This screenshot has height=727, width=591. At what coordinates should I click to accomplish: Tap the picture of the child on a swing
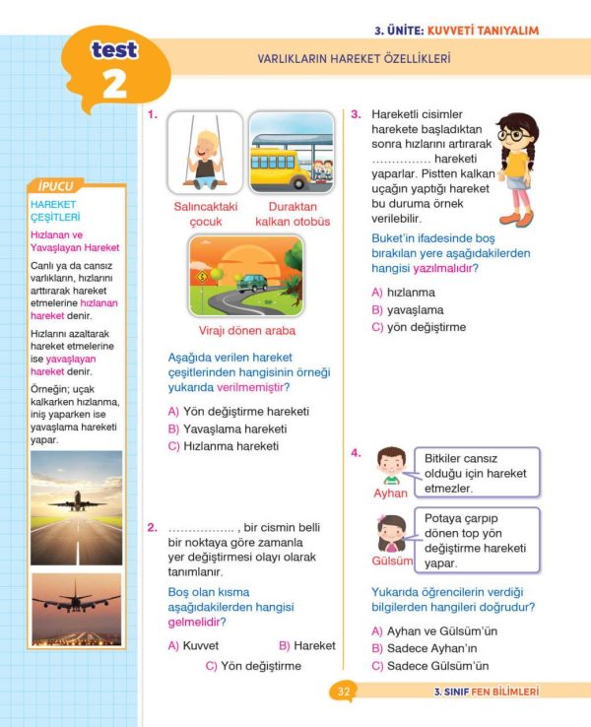point(205,153)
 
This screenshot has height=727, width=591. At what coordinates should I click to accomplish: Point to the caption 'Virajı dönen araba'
point(247,330)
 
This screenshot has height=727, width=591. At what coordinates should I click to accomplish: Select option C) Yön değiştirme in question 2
point(253,666)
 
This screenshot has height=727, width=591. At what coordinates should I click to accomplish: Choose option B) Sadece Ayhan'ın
point(424,648)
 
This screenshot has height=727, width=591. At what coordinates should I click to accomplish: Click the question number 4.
point(356,452)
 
